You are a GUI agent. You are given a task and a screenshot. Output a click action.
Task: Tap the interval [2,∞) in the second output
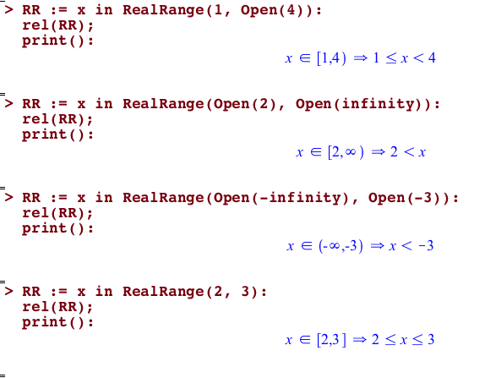coord(346,152)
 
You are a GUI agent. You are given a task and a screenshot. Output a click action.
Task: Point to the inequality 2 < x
coord(408,152)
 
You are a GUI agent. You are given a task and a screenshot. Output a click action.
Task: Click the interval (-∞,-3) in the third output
coord(341,246)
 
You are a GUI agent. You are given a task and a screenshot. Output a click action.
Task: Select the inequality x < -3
coord(411,246)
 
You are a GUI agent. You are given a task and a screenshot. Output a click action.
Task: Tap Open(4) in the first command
coord(272,10)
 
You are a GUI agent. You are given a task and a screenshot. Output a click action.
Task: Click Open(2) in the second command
coord(245,104)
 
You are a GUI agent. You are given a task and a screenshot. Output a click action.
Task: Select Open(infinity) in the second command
coord(363,104)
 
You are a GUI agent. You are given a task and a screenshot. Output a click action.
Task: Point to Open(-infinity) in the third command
coord(281,198)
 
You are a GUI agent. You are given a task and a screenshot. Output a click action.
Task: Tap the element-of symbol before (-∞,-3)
coord(307,246)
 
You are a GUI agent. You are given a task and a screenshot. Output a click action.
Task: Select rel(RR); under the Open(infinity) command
coord(57,119)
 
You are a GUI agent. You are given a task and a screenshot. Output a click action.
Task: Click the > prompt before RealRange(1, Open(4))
coord(9,9)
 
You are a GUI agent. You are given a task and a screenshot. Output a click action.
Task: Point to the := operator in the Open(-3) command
coord(59,198)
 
